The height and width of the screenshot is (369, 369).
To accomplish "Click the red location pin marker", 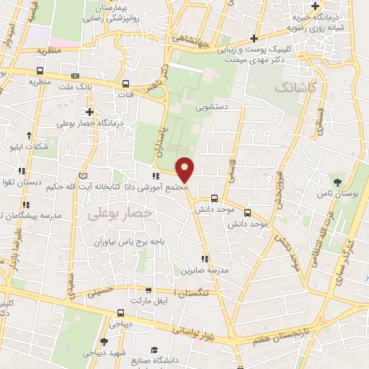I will (186, 169).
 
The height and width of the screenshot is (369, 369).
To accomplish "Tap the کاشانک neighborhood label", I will (294, 88).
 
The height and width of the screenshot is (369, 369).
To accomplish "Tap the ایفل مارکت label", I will (149, 299).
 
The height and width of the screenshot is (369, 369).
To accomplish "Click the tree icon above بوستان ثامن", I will (339, 180).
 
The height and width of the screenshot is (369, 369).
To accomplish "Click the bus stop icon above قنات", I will (126, 83).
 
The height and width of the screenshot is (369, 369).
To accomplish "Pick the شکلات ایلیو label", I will (28, 147).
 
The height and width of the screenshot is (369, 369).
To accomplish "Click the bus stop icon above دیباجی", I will (120, 313).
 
